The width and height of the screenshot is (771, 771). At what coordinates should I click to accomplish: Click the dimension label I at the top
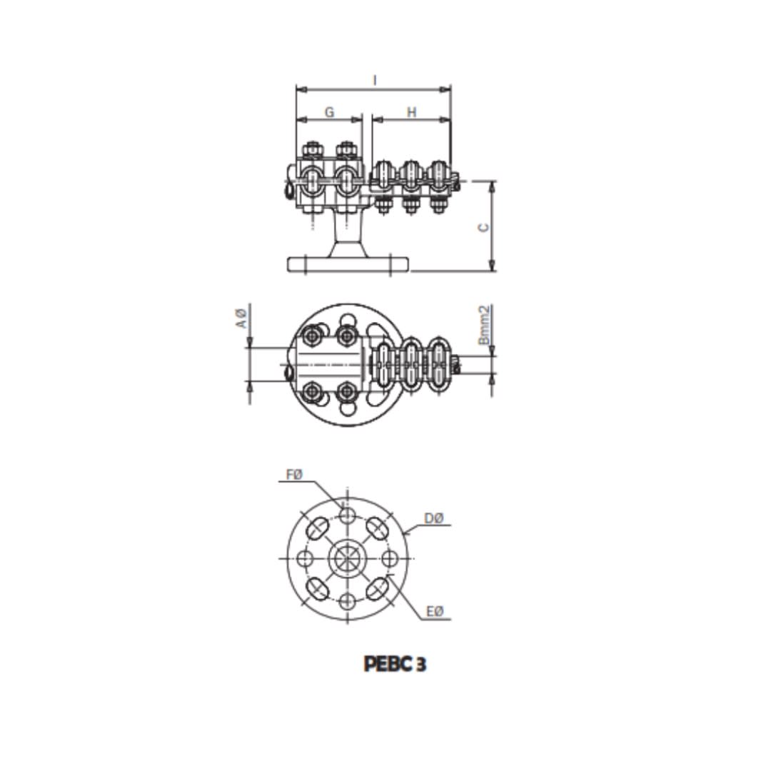375,80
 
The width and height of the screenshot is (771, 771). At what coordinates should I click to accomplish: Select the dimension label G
329,112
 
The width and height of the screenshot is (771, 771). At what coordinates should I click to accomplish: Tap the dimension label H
412,113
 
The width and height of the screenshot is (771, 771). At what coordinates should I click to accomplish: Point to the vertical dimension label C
484,227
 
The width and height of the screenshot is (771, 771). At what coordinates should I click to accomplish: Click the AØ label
241,318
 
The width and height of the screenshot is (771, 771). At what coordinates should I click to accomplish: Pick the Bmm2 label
484,325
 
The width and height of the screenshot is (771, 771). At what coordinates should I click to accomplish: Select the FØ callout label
295,475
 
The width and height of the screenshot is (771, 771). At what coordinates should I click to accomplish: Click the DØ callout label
434,518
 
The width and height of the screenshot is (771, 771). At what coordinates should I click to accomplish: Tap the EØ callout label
435,611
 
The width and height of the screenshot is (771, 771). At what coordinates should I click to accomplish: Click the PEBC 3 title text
395,665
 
